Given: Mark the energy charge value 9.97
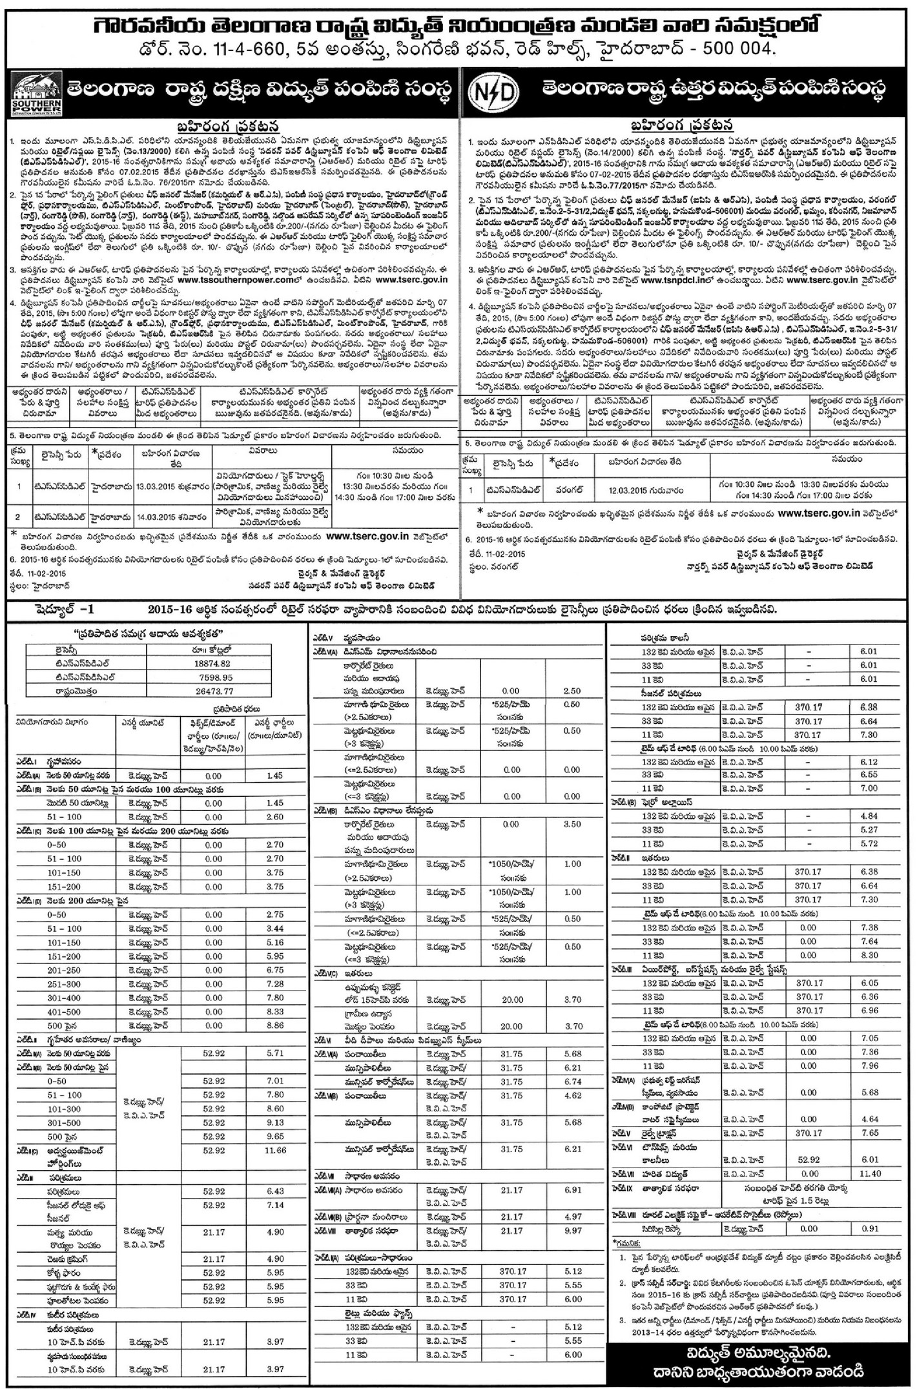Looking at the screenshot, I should pyautogui.click(x=572, y=1231).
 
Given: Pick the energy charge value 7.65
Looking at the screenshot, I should pyautogui.click(x=870, y=1132).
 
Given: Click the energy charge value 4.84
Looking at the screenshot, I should pyautogui.click(x=870, y=816).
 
